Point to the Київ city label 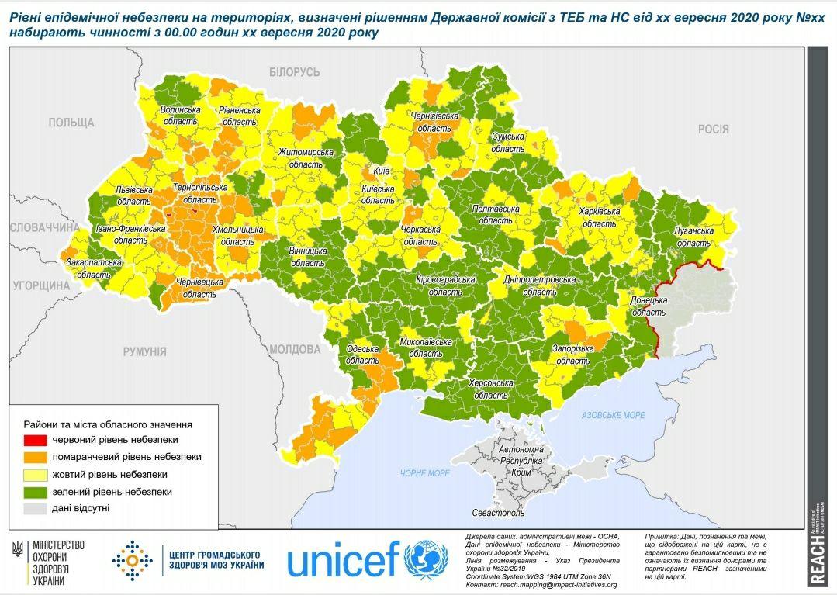(380, 170)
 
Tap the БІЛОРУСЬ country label (295, 72)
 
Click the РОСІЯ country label (713, 130)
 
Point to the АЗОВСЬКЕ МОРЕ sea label (614, 416)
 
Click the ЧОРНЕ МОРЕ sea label (425, 473)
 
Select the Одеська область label (361, 355)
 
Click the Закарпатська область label (93, 268)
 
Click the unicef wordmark (344, 560)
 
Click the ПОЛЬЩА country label (71, 123)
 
